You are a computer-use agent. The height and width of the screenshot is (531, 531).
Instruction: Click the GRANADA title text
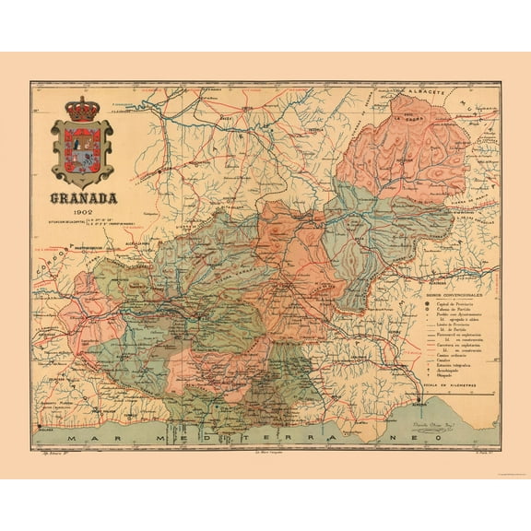83,196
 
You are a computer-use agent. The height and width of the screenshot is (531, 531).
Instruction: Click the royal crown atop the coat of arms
83,107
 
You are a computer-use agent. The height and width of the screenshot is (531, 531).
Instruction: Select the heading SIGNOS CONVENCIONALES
449,296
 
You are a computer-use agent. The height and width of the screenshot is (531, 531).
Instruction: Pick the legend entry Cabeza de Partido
452,313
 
